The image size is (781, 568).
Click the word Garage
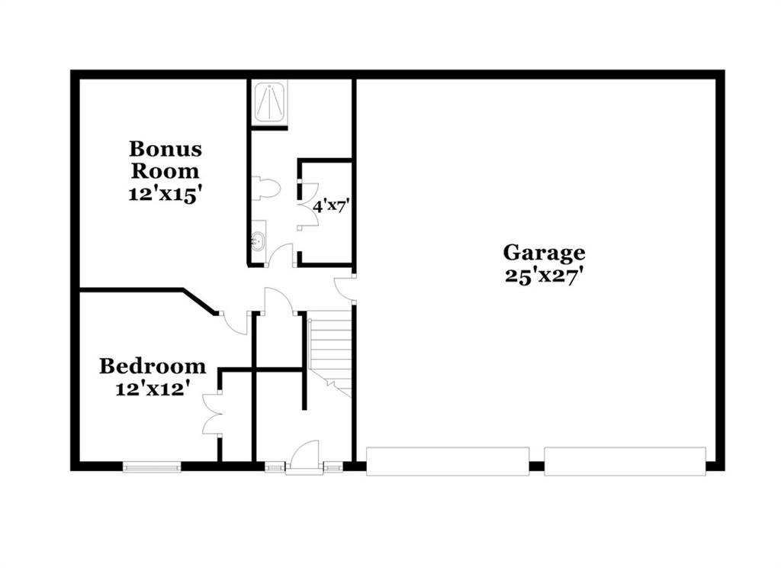pos(544,253)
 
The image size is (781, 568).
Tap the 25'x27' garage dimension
pos(544,276)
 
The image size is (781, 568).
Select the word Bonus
pos(166,149)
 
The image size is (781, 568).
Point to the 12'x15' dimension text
pos(165,194)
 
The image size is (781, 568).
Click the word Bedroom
pos(153,366)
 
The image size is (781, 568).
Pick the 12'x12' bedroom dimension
pos(153,389)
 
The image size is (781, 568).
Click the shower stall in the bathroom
pos(269,102)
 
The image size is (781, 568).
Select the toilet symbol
pos(265,189)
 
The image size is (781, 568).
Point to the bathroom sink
pos(259,241)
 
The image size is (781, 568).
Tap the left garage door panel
pos(447,461)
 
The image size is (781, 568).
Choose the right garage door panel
pos(625,461)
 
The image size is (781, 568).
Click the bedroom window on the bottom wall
pos(152,466)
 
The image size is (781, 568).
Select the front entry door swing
pos(304,454)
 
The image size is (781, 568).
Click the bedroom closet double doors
pos(211,414)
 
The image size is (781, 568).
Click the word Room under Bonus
pos(165,171)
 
